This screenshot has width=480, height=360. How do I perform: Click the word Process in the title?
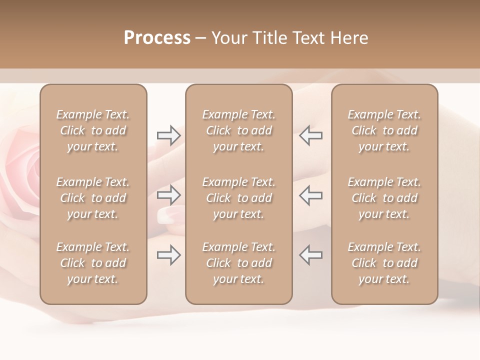click(157, 38)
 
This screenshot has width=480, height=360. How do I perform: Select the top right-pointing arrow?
click(168, 135)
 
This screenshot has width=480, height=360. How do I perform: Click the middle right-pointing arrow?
click(168, 194)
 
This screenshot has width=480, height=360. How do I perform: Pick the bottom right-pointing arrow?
click(168, 255)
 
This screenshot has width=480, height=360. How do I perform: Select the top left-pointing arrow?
click(311, 135)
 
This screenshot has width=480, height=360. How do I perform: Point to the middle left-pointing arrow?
click(311, 194)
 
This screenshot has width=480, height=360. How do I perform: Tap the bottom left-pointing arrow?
click(311, 255)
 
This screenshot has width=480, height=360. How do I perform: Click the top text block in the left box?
click(93, 130)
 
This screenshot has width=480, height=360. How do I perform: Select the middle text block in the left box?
click(93, 198)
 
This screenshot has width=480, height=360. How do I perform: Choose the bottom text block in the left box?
click(93, 263)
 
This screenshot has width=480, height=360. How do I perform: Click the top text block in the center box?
click(239, 130)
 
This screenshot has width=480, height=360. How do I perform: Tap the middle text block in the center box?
click(239, 198)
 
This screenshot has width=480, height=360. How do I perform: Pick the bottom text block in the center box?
click(239, 263)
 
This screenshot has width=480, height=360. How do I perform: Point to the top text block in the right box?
click(384, 130)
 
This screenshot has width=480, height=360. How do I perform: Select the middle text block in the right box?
click(384, 198)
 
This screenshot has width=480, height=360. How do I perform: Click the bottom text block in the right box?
click(384, 263)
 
